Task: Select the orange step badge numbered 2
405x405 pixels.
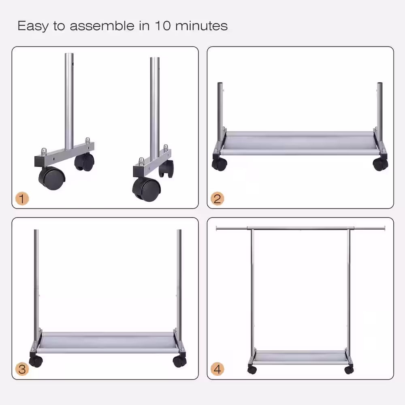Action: coord(218,198)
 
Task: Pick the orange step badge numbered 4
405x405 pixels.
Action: coord(218,369)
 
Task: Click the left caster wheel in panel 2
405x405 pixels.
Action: coord(220,164)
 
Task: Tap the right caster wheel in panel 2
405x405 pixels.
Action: coord(380,164)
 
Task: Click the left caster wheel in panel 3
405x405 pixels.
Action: coord(36,361)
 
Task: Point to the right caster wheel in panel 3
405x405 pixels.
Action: coord(179,361)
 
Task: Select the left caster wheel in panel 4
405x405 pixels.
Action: coord(252,370)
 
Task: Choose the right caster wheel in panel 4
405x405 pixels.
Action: coord(349,370)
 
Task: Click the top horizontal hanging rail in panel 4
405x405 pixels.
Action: coord(300,228)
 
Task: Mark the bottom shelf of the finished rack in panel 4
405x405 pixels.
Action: coord(300,356)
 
